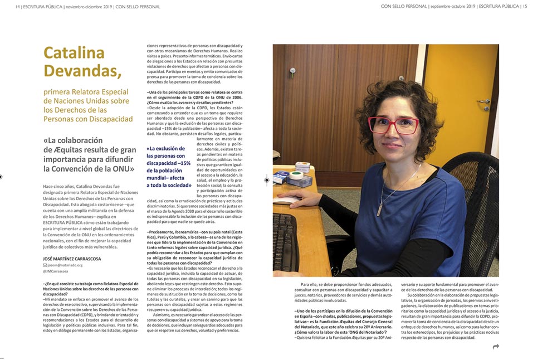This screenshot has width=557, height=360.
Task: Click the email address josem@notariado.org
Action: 65,265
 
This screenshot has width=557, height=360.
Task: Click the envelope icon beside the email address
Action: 45,265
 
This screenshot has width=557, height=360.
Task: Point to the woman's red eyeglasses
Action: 394,124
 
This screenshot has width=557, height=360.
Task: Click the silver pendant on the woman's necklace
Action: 380,211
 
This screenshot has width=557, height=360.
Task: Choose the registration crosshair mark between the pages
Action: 266,179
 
